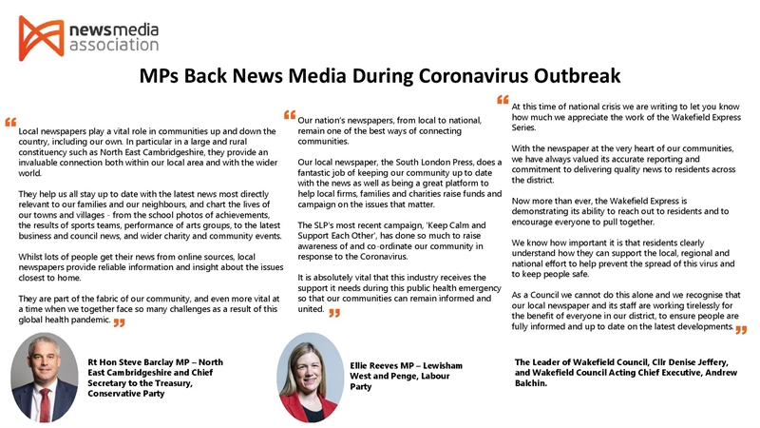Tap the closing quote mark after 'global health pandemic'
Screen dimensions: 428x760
point(120,323)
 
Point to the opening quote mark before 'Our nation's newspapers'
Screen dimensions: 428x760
point(290,114)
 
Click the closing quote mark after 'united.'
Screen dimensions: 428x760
point(334,313)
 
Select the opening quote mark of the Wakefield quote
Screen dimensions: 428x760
point(503,99)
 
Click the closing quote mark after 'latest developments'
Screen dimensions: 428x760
point(741,329)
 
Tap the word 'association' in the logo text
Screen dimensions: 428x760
point(114,44)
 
